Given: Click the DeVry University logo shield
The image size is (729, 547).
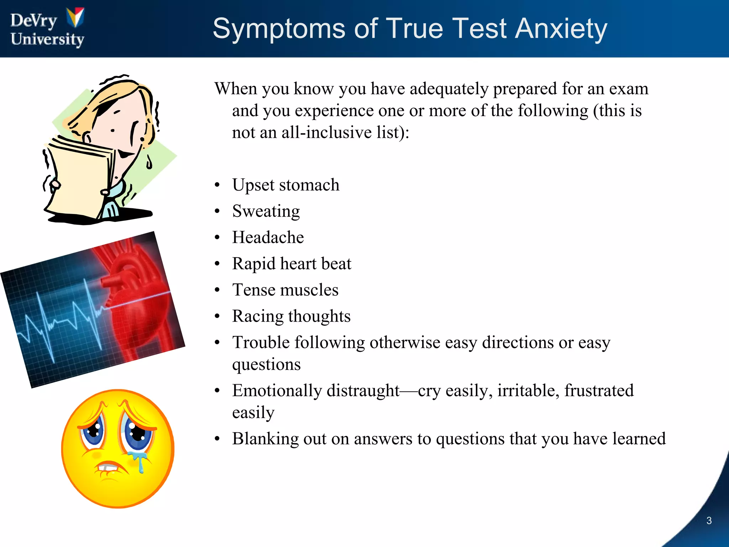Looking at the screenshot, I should click(75, 17).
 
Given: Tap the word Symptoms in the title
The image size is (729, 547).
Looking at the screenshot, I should click(279, 29).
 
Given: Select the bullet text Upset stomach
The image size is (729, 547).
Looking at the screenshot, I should click(285, 185).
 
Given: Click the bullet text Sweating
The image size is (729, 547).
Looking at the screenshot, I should click(266, 212).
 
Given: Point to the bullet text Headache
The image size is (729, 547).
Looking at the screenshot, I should click(268, 238).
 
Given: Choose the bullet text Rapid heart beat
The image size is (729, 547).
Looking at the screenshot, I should click(292, 264).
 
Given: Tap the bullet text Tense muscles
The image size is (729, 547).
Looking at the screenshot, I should click(285, 290).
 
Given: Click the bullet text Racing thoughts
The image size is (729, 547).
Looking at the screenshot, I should click(291, 316).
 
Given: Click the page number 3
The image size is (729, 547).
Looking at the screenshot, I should click(709, 521).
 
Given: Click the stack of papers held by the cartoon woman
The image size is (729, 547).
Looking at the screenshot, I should click(77, 182).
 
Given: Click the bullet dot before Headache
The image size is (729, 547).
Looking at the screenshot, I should click(217, 238).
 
